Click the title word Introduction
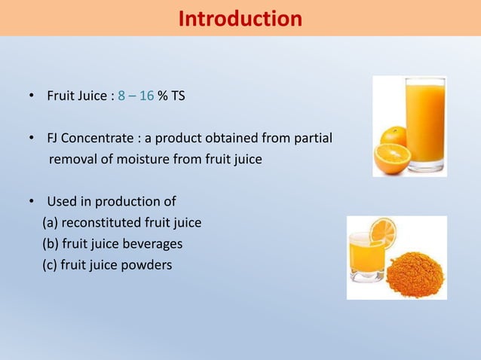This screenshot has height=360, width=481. pos(240,18)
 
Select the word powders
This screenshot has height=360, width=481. pos(149,265)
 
